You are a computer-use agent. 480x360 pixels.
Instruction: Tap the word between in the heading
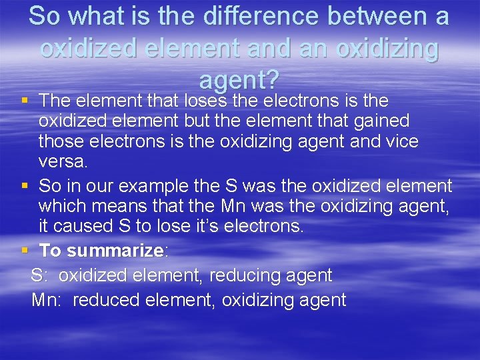370,16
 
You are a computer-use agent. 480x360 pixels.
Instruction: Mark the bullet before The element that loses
25,101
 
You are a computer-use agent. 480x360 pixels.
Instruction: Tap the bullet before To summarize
25,250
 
